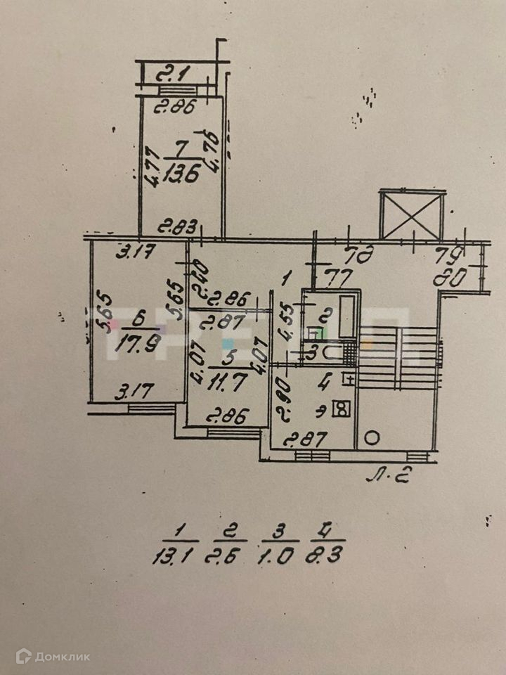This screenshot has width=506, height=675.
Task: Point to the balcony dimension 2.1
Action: (x=169, y=73)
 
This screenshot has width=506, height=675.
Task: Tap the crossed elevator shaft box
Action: (x=412, y=214)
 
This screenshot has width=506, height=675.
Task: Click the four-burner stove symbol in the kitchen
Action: (x=342, y=408)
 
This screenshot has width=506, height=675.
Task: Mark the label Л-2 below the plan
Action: (x=388, y=480)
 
